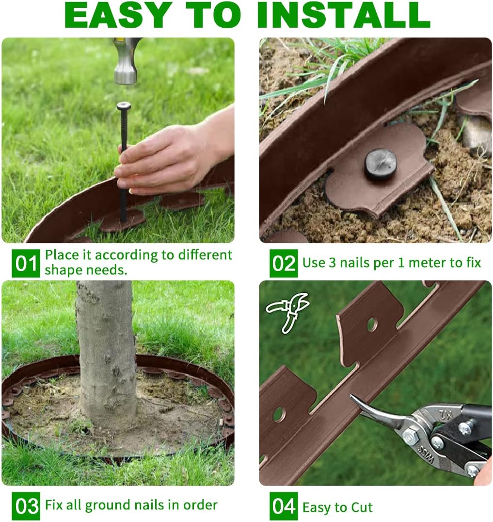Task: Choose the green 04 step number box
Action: point(284,506)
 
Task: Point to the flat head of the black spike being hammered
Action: point(124,105)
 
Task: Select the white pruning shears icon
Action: point(288,311)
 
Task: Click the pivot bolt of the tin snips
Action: point(411,436)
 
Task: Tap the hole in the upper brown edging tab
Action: point(372,324)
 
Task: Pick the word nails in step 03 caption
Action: point(154,505)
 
